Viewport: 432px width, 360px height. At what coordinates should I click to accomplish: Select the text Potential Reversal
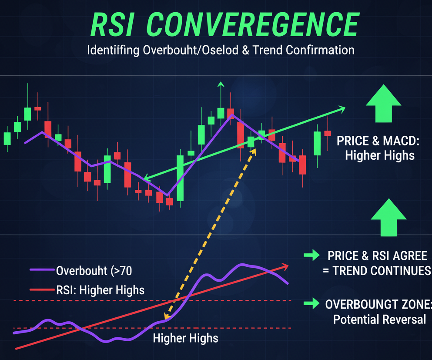click(x=379, y=319)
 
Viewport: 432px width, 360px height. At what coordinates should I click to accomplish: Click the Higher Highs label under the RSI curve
click(x=186, y=338)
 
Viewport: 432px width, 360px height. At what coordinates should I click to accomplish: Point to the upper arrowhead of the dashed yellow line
click(x=254, y=151)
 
